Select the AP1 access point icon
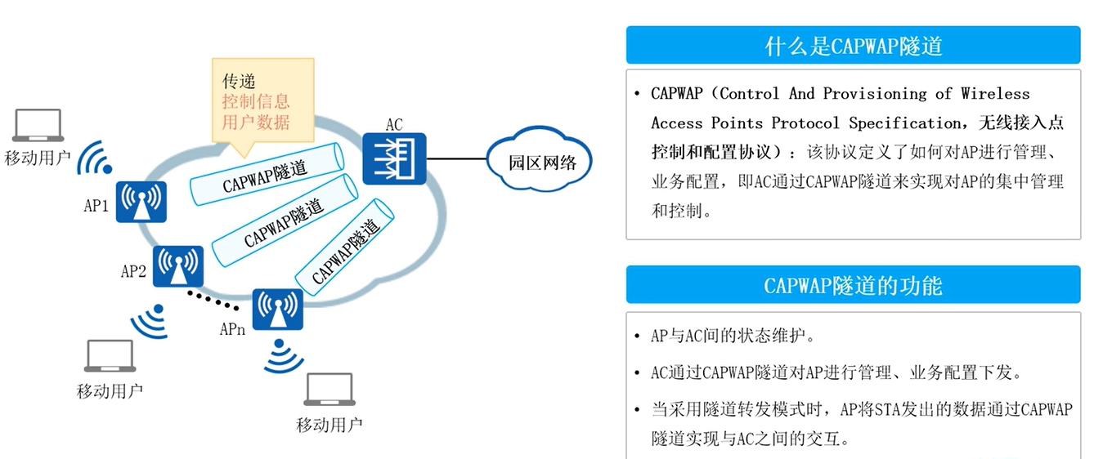coord(141,202)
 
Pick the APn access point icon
coord(277,310)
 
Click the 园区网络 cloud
coord(539,163)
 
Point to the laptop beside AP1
coord(38,127)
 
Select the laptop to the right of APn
coord(329,390)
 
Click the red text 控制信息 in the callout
coord(256,101)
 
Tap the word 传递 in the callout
coord(239,81)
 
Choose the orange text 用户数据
coord(256,122)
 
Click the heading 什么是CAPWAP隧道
coord(853,45)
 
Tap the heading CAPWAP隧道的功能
coord(853,285)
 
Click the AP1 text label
coord(96,206)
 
